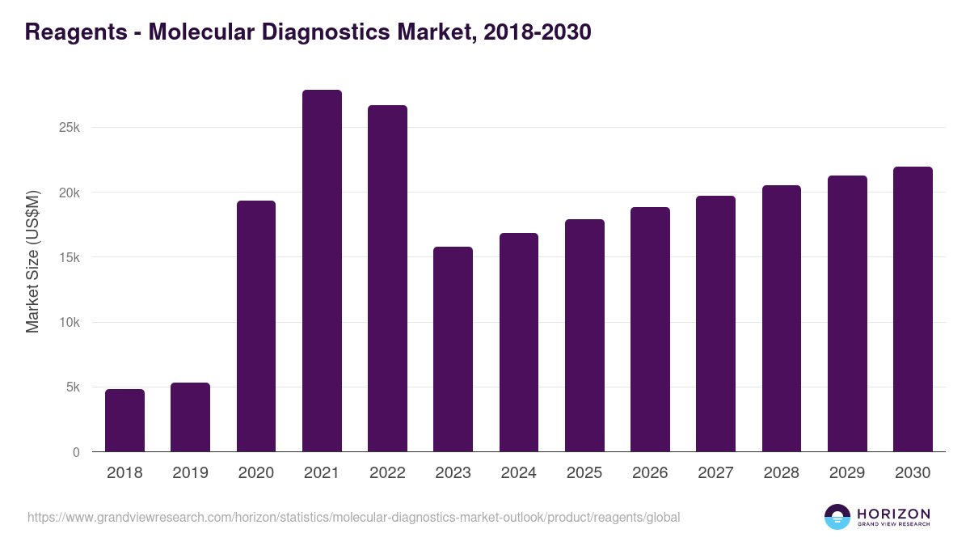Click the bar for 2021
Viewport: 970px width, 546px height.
[322, 271]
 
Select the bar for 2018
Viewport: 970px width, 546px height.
[124, 421]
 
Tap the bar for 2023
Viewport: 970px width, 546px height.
[453, 349]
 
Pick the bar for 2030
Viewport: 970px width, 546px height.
[913, 309]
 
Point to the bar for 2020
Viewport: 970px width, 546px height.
[256, 326]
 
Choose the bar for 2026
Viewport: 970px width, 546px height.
[650, 329]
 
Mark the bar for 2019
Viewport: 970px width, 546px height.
[190, 417]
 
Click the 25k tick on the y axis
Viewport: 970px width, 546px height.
[70, 128]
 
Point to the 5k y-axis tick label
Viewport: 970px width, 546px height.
[73, 387]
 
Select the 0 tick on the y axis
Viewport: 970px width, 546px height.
[76, 452]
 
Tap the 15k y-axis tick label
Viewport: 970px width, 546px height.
[70, 257]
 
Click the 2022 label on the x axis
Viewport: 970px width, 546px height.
[387, 473]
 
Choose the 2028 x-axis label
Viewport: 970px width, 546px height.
[781, 473]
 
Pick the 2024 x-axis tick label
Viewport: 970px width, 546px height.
[518, 473]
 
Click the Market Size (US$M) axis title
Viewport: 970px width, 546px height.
[32, 260]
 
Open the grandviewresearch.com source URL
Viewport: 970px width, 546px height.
[353, 517]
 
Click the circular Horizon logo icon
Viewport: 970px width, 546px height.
[837, 517]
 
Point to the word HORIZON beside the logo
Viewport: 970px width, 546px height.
[893, 513]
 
